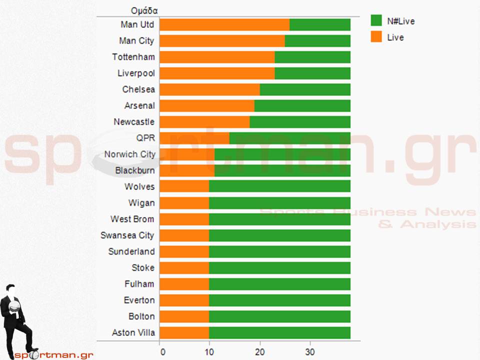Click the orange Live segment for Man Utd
pyautogui.click(x=224, y=24)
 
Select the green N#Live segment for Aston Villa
pyautogui.click(x=279, y=332)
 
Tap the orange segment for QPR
pyautogui.click(x=194, y=138)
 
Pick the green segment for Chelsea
pyautogui.click(x=305, y=89)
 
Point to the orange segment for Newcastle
pyautogui.click(x=204, y=122)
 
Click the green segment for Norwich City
pyautogui.click(x=282, y=154)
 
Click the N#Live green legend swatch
pyautogui.click(x=376, y=20)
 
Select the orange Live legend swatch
pyautogui.click(x=376, y=37)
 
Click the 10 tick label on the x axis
pyautogui.click(x=209, y=351)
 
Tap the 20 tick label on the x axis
pyautogui.click(x=260, y=351)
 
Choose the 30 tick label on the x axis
pyautogui.click(x=310, y=351)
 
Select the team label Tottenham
pyautogui.click(x=133, y=57)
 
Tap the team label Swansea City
pyautogui.click(x=127, y=235)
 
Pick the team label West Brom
pyautogui.click(x=132, y=219)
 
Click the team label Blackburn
pyautogui.click(x=135, y=170)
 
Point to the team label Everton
pyautogui.click(x=139, y=300)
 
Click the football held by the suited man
pyautogui.click(x=15, y=304)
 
